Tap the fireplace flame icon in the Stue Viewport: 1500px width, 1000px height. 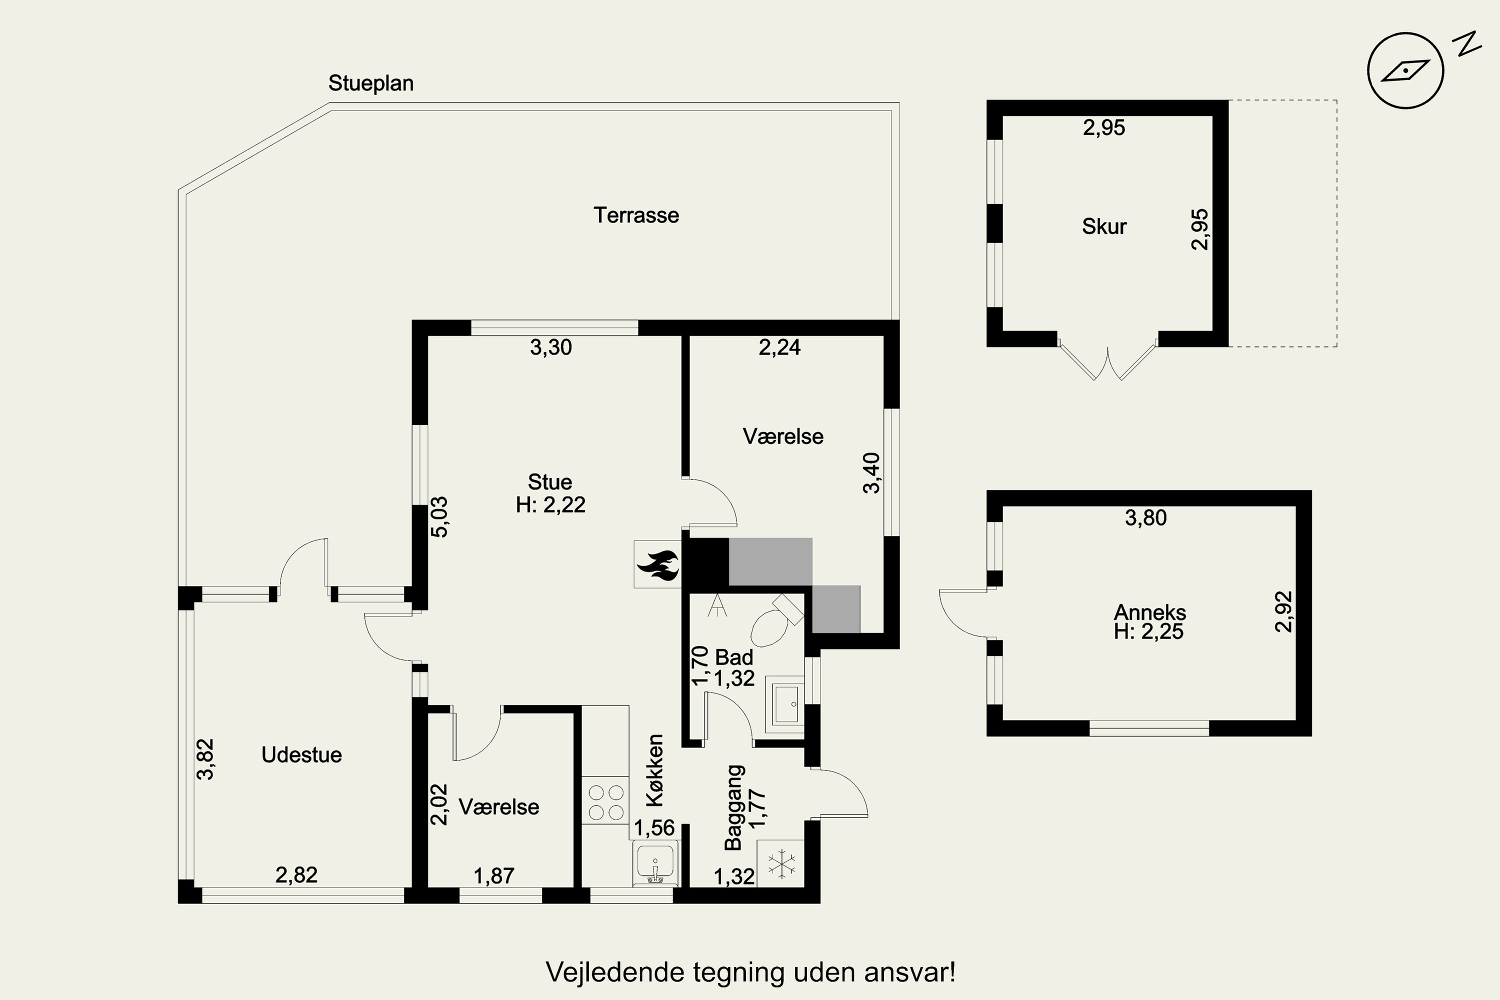pyautogui.click(x=657, y=564)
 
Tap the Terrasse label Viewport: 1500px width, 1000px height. pyautogui.click(x=636, y=215)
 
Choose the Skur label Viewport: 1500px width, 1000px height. pyautogui.click(x=1104, y=226)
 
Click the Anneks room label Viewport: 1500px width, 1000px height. pyautogui.click(x=1150, y=612)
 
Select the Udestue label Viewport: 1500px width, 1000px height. pyautogui.click(x=301, y=754)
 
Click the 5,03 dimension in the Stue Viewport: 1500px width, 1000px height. pyautogui.click(x=439, y=517)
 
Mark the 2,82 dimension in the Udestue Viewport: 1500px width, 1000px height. pyautogui.click(x=296, y=874)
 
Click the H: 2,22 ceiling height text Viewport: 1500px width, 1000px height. pyautogui.click(x=550, y=504)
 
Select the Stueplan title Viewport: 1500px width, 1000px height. pyautogui.click(x=370, y=83)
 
